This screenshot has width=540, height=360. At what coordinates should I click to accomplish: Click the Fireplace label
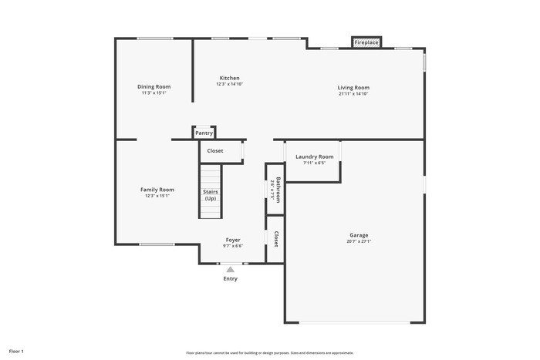click(x=366, y=42)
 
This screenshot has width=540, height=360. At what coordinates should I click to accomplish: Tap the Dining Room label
click(x=154, y=87)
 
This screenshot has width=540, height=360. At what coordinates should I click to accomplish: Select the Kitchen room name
click(x=229, y=78)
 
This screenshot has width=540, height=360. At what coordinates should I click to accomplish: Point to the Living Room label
click(x=353, y=87)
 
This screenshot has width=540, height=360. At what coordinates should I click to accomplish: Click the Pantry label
click(x=204, y=133)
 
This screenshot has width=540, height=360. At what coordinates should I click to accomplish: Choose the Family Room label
click(x=157, y=190)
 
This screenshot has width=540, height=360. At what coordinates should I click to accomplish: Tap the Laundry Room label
click(x=315, y=156)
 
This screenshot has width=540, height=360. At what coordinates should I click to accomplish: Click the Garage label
click(x=359, y=235)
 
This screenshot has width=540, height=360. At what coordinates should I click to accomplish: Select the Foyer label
click(x=233, y=240)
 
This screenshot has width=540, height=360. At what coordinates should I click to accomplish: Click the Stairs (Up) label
click(x=211, y=195)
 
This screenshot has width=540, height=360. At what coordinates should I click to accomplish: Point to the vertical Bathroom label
click(x=278, y=190)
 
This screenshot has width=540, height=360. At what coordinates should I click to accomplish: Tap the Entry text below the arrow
click(x=231, y=278)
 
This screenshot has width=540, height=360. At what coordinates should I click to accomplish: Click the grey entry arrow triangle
click(x=230, y=269)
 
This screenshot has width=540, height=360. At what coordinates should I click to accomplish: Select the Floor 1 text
click(x=16, y=351)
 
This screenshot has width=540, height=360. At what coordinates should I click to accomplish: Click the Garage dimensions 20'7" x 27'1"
click(x=359, y=241)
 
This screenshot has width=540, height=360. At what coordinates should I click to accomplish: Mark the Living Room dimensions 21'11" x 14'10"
click(x=353, y=93)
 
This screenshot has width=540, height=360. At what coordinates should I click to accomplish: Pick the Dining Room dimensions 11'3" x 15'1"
click(x=154, y=93)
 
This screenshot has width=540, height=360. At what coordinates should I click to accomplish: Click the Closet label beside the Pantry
click(x=215, y=150)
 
